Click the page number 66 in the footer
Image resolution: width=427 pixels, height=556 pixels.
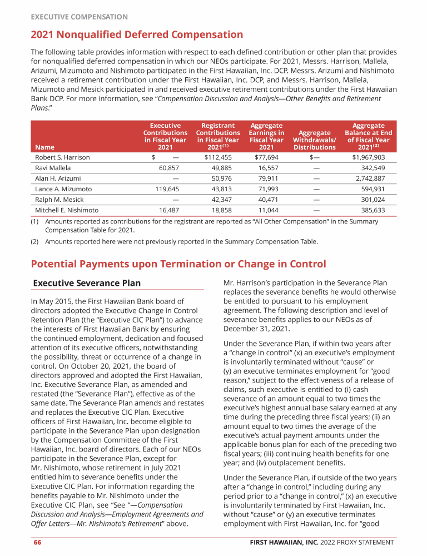[36, 543]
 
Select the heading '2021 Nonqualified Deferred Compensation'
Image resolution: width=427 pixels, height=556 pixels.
[137, 35]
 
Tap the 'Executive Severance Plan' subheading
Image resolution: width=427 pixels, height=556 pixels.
[87, 283]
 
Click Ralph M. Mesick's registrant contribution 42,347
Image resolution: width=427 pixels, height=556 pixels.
[222, 200]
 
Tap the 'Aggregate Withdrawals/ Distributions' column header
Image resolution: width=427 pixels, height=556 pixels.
[314, 140]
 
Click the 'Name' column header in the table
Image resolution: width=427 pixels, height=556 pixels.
[44, 147]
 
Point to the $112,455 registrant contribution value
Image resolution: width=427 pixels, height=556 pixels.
[217, 157]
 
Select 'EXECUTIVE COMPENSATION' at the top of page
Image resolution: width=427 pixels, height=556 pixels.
[79, 17]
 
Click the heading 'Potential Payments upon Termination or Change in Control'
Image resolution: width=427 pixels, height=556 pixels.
[178, 264]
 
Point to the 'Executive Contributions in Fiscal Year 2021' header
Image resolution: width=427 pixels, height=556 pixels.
[165, 137]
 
